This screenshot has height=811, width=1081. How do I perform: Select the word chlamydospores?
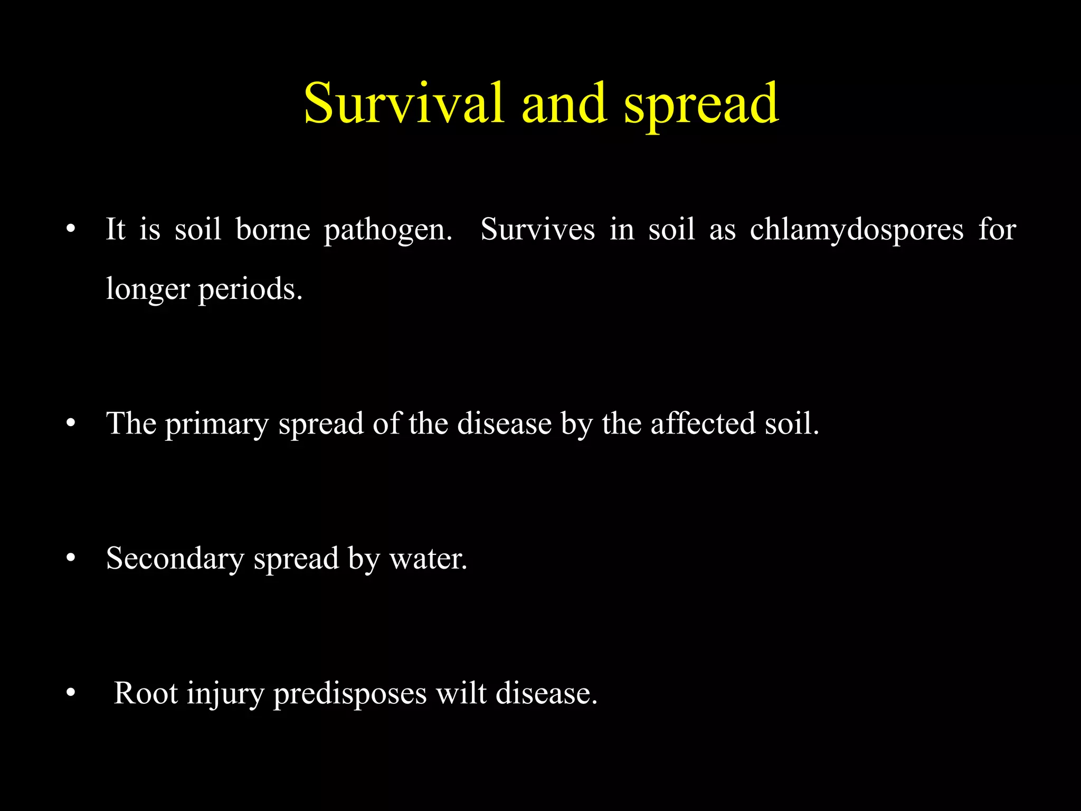pyautogui.click(x=856, y=230)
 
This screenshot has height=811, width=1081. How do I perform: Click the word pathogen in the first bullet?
pyautogui.click(x=388, y=230)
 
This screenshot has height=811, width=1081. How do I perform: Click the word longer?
pyautogui.click(x=147, y=289)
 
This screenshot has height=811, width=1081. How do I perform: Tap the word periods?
pyautogui.click(x=250, y=289)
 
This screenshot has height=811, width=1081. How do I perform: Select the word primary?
pyautogui.click(x=216, y=424)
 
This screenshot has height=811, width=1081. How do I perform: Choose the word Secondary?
pyautogui.click(x=175, y=559)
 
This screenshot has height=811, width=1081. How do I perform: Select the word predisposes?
pyautogui.click(x=349, y=694)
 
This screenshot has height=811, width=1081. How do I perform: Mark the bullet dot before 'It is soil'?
pyautogui.click(x=71, y=230)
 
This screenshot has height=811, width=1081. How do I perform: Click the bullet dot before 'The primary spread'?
pyautogui.click(x=71, y=424)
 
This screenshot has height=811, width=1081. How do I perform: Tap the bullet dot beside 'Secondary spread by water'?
pyautogui.click(x=71, y=559)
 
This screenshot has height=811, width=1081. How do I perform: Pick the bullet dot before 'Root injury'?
pyautogui.click(x=71, y=693)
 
